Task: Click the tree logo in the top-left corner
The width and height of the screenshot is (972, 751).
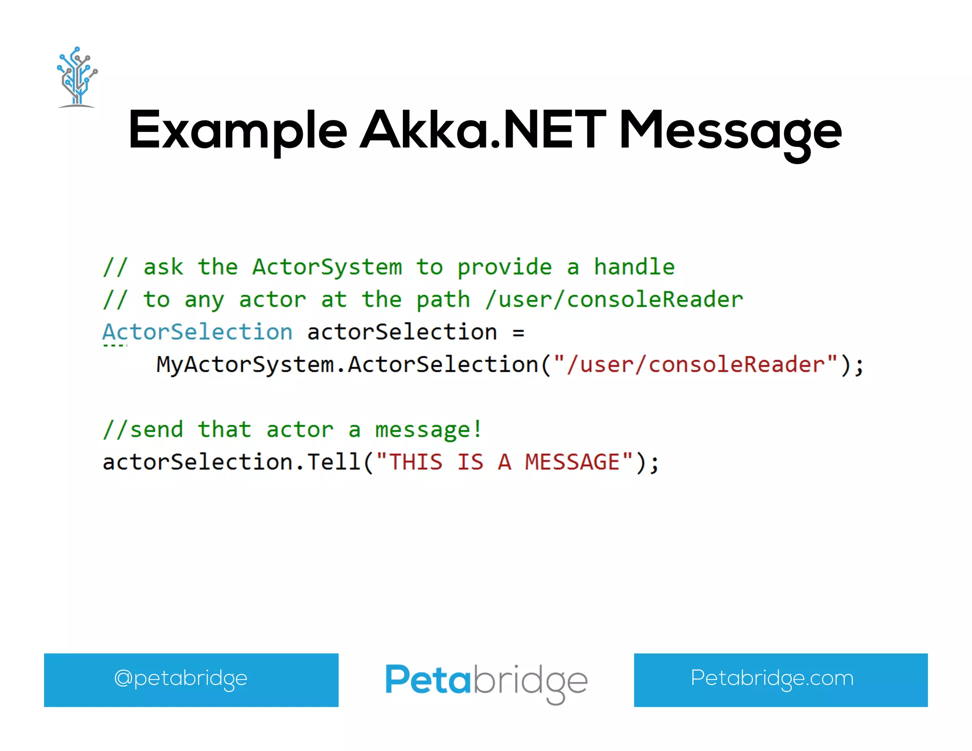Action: click(x=77, y=77)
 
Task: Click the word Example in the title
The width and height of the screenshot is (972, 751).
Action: click(x=237, y=131)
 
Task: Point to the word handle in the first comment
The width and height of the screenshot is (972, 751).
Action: click(x=634, y=267)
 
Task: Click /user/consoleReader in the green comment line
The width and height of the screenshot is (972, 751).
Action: click(x=614, y=300)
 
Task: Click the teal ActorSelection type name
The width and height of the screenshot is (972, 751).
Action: click(x=197, y=332)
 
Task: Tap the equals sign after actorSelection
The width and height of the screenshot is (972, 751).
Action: click(x=518, y=332)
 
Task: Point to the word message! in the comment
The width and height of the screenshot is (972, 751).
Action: click(x=429, y=430)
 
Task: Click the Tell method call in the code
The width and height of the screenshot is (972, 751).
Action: click(x=334, y=462)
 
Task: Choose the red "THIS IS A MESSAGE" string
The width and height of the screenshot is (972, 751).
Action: click(x=504, y=462)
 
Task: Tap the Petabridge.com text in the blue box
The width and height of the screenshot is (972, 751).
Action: click(x=772, y=678)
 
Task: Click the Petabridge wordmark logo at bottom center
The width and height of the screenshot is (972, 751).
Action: click(x=486, y=682)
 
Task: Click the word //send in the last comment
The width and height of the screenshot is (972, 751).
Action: click(x=143, y=430)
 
